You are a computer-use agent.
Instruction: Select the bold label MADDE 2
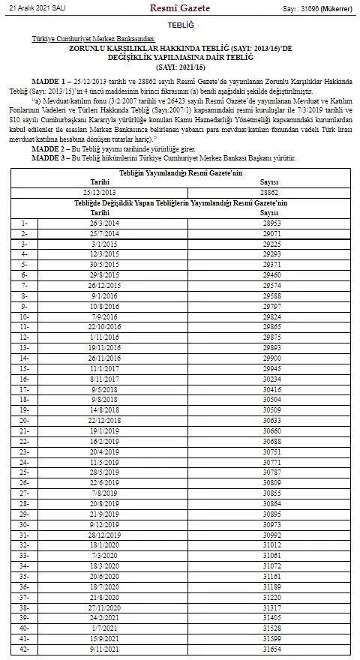pos(52,150)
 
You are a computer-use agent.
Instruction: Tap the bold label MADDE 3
pos(52,157)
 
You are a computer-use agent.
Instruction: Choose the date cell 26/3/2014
pos(104,223)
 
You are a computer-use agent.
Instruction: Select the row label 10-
pos(25,316)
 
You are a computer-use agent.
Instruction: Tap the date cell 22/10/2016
pos(104,327)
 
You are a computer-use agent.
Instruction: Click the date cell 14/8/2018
pos(104,410)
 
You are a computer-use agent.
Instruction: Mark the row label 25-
pos(25,472)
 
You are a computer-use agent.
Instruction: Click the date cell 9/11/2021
pos(104,649)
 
